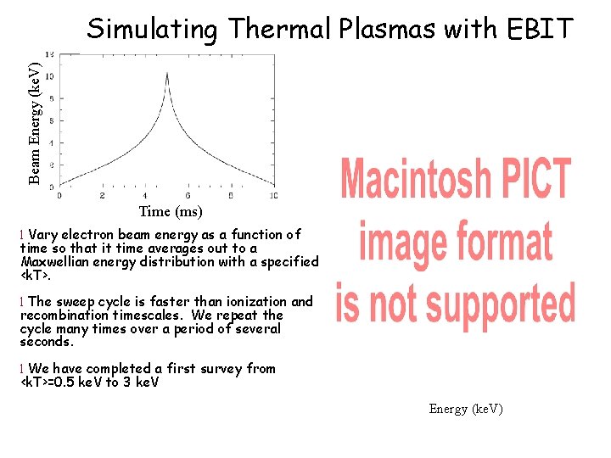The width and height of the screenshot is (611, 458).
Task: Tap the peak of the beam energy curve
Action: pos(167,74)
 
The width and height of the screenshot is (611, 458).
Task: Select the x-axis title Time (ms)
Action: pos(171,211)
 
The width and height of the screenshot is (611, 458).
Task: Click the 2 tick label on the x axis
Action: pos(101,196)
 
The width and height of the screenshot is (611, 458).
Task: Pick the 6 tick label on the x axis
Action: pos(188,196)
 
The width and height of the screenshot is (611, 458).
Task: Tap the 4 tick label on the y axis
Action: pos(51,142)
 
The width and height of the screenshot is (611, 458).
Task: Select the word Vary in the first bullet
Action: pos(43,235)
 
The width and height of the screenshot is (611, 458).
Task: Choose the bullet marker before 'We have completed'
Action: pos(22,369)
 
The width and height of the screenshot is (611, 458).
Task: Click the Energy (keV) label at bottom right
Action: pos(466,409)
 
